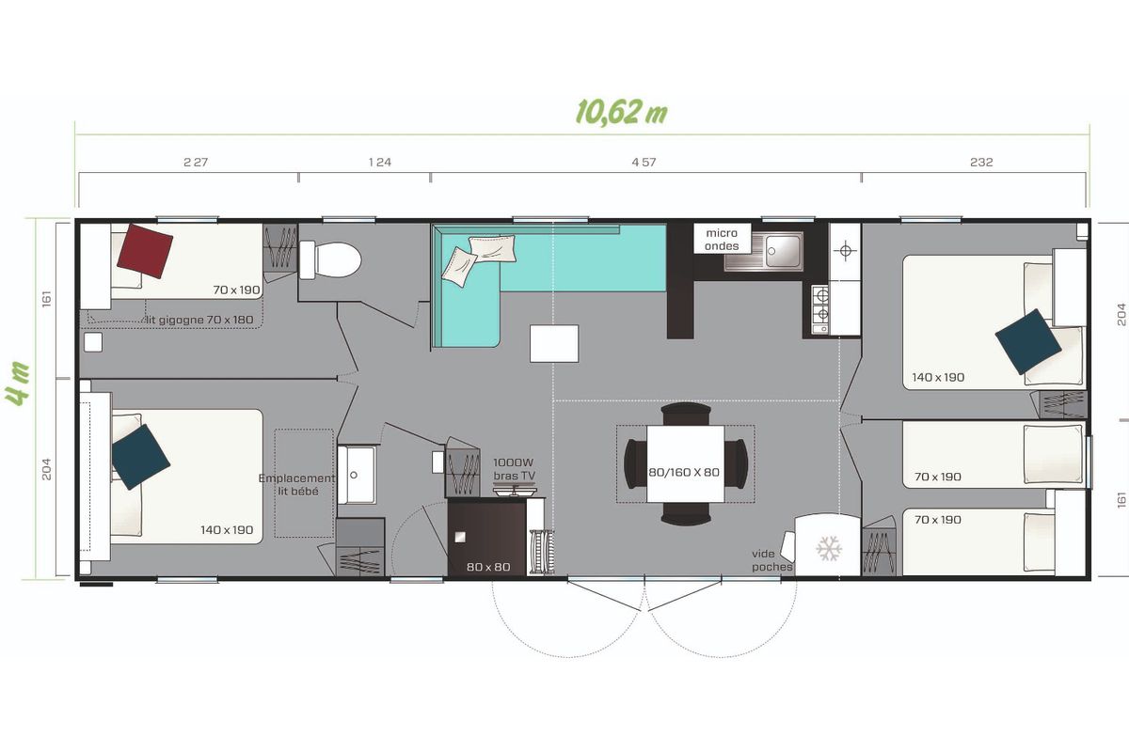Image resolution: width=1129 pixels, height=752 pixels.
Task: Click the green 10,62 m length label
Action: [x=622, y=112]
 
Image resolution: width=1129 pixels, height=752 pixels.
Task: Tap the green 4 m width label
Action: [x=18, y=384]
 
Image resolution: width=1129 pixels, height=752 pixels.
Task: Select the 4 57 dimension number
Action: [x=644, y=163]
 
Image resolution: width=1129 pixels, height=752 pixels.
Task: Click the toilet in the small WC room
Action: [x=330, y=259]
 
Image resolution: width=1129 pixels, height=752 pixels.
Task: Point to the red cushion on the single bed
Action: [x=145, y=251]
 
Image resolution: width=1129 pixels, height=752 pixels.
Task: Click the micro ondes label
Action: [x=722, y=240]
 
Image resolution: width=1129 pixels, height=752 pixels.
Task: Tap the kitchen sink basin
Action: [x=783, y=251]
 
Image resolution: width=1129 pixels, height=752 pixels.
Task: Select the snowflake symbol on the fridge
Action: [x=829, y=549]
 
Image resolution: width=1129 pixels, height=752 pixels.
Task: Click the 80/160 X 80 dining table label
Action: [x=684, y=473]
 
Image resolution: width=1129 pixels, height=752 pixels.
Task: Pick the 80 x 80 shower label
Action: [x=488, y=567]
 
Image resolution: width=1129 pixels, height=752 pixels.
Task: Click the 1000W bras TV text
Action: [x=514, y=469]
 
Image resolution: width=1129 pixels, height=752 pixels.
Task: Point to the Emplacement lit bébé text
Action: [x=297, y=484]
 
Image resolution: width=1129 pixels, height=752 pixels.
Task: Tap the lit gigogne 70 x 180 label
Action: [x=199, y=320]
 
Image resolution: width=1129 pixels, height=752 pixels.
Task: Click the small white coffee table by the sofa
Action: [x=554, y=343]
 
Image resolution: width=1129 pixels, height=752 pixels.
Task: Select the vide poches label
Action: [x=771, y=560]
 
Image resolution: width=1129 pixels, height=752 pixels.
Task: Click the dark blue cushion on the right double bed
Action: [x=1028, y=341]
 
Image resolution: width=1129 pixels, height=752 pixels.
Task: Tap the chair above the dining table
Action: [x=686, y=414]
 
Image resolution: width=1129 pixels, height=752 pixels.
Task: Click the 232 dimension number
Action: [x=981, y=163]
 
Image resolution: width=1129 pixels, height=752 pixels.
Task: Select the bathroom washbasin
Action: [x=357, y=475]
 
